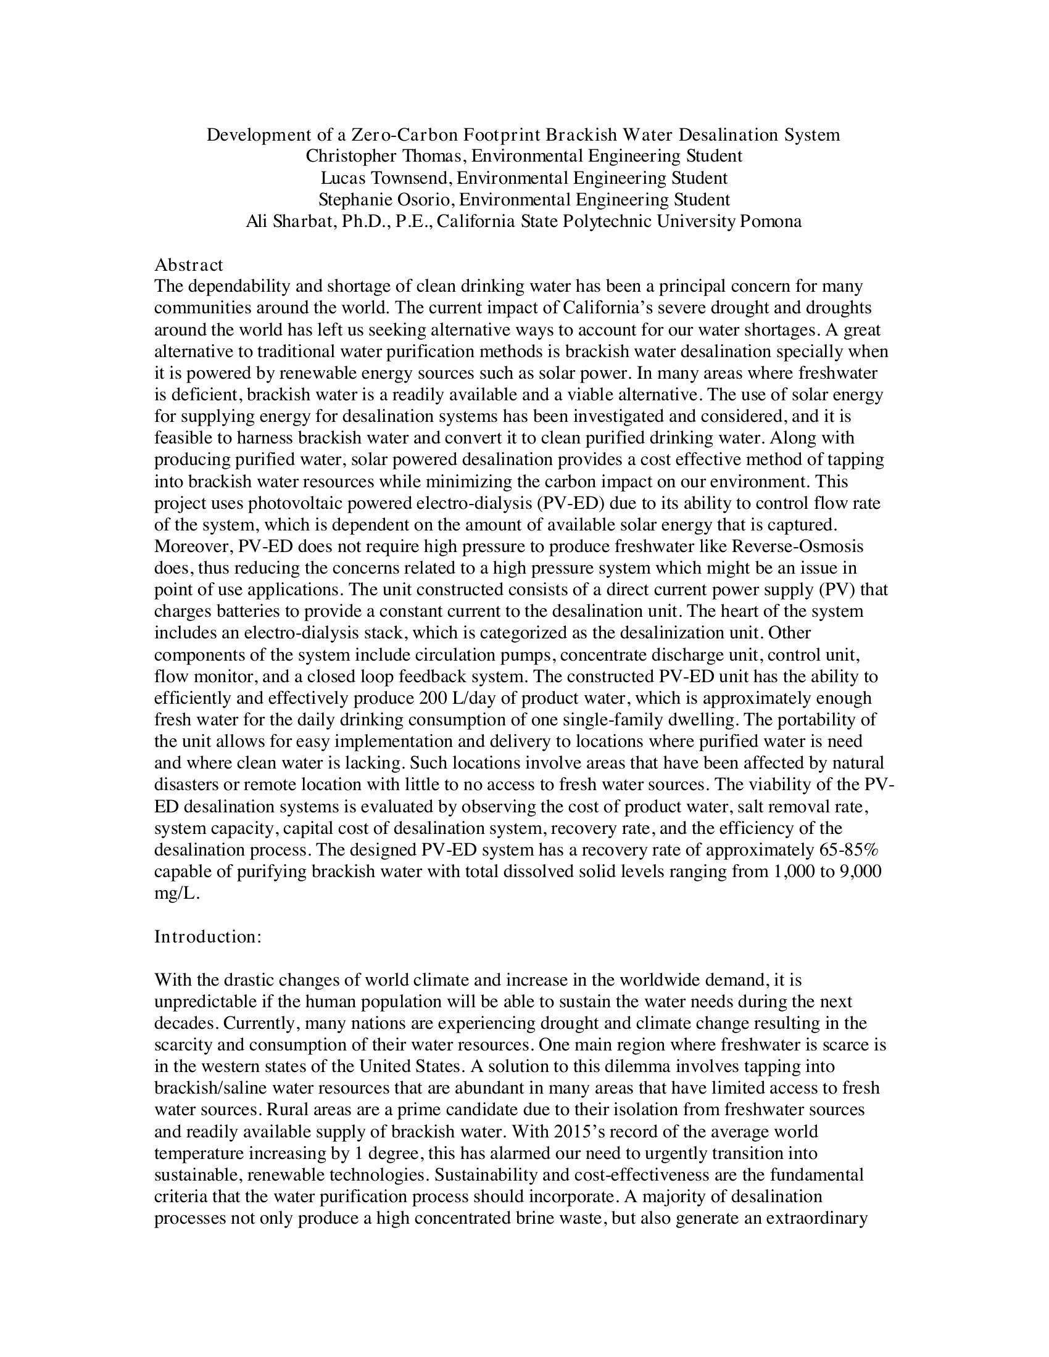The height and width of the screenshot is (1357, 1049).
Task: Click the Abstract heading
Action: pos(188,265)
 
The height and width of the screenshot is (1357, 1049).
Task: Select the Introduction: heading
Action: pos(207,936)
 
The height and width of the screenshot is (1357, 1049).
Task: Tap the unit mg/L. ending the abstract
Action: pos(177,894)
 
